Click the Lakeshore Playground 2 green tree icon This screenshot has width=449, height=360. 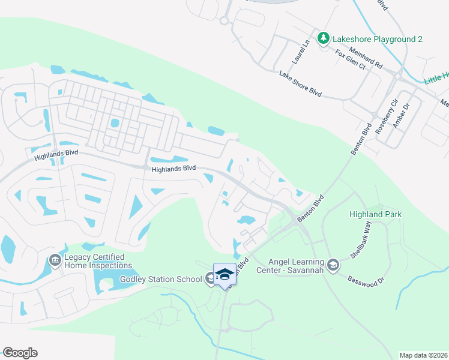point(324,39)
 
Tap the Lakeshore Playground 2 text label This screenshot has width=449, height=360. point(378,39)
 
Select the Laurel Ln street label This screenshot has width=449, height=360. point(300,53)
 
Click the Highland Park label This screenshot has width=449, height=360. point(376,214)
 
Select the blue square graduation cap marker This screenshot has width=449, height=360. point(225,274)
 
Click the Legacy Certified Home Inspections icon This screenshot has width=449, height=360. point(54,260)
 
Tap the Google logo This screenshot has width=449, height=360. point(20,353)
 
